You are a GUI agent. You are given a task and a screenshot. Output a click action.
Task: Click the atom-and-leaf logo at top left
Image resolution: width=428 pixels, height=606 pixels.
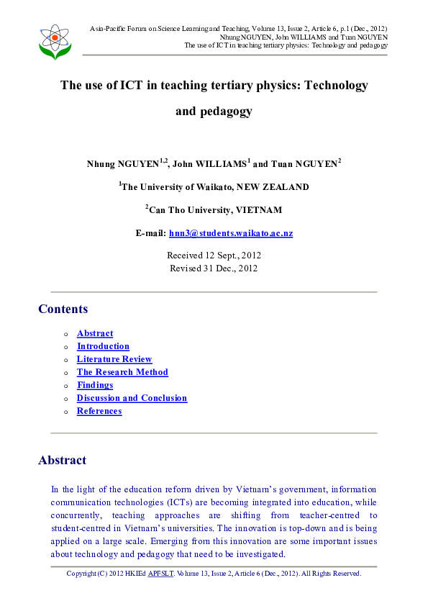click(x=55, y=41)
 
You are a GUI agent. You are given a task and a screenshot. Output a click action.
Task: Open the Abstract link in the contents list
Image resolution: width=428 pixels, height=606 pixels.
click(x=95, y=333)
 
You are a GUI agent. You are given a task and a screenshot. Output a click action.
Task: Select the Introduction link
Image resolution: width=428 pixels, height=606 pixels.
click(x=103, y=346)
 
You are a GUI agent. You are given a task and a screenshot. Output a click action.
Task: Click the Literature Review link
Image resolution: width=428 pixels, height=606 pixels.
click(x=114, y=359)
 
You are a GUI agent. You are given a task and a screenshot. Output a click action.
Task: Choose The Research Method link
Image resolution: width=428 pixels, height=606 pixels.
click(x=122, y=372)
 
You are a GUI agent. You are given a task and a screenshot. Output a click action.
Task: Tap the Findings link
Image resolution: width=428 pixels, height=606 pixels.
click(x=95, y=385)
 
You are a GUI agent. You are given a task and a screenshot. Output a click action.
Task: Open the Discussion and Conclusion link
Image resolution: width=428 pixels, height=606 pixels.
click(x=132, y=398)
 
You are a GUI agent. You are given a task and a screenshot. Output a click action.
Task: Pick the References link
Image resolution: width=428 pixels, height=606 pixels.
click(x=99, y=411)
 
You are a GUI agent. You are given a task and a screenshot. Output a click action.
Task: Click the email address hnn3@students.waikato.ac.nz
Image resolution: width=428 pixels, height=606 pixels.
click(x=230, y=233)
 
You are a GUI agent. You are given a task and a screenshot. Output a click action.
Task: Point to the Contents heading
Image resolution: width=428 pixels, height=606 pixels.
click(x=63, y=309)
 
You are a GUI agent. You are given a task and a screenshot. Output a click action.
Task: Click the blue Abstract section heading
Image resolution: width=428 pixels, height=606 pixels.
click(x=62, y=460)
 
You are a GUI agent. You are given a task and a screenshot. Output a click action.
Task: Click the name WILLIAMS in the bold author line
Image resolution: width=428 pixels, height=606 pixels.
click(x=219, y=163)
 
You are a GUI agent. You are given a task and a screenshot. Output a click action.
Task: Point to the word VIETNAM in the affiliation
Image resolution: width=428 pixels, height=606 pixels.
click(x=257, y=210)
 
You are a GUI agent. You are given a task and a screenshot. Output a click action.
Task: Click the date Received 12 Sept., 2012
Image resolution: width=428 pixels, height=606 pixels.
click(x=214, y=255)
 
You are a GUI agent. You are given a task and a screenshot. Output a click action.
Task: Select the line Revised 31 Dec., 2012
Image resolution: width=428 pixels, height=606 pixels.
click(x=214, y=268)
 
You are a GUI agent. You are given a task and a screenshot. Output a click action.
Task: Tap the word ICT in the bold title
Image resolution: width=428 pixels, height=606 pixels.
click(x=135, y=85)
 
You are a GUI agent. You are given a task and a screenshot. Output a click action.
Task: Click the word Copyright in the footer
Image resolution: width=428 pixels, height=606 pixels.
click(x=82, y=574)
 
